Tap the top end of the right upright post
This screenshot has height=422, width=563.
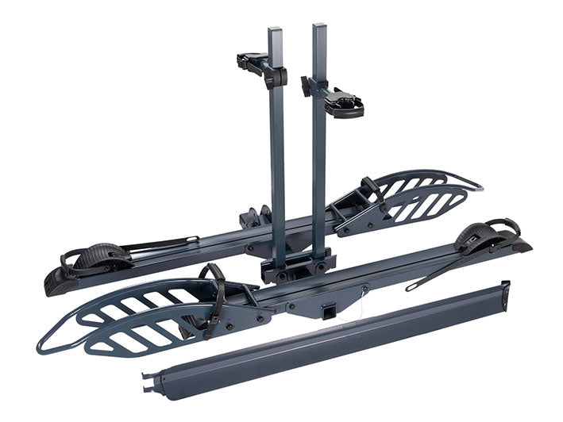pos(319,29)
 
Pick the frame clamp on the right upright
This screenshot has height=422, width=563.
pos(337,97)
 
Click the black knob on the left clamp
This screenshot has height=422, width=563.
pos(280,77)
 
